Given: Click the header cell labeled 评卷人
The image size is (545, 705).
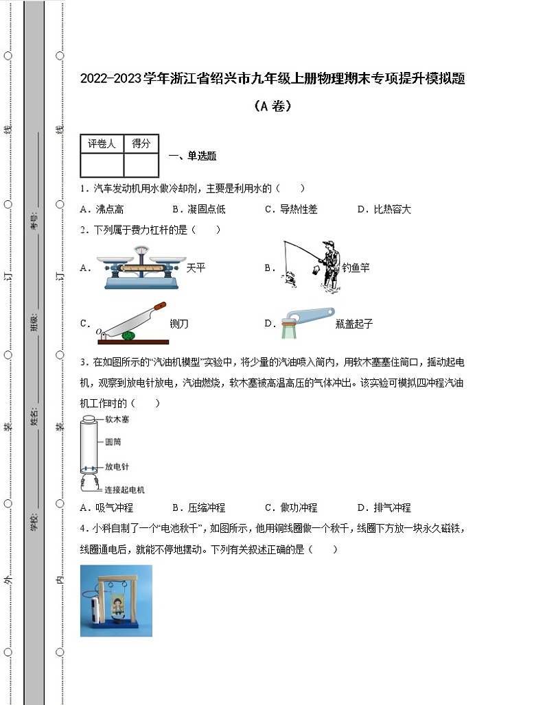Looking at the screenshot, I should tap(102, 144).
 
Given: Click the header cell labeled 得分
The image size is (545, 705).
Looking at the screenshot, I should tap(141, 144).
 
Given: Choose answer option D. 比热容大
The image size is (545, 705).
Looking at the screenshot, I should tap(384, 209).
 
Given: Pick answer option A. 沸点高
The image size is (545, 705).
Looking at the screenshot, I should tap(102, 209).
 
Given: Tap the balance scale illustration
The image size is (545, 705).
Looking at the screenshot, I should tap(140, 267).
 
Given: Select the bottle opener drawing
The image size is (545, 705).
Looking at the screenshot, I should tap(305, 322).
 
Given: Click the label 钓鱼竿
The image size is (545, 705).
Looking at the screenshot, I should tap(356, 268).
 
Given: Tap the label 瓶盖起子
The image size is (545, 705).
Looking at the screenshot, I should tap(355, 324).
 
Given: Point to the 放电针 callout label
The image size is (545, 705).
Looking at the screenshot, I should tap(117, 467).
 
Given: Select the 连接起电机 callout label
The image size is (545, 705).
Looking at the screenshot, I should tap(124, 490).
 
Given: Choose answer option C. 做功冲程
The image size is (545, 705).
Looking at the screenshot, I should tap(291, 507).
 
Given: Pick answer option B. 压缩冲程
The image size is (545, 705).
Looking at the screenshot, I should tap(198, 507).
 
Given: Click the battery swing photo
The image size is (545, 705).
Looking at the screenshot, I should tap(116, 601).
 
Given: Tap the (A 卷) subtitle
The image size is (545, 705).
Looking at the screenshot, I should tap(272, 106).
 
